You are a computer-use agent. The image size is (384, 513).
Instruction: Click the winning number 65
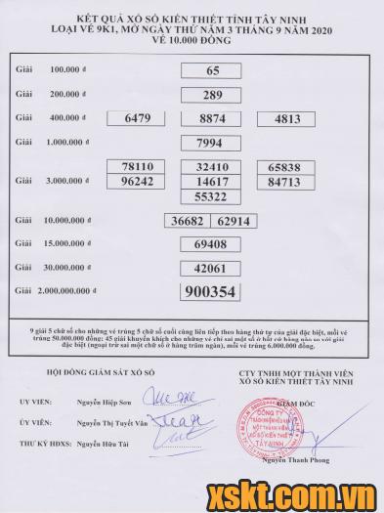[x=212, y=71]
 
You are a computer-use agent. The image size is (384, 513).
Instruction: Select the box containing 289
[x=212, y=96]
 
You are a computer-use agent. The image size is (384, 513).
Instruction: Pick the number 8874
[x=212, y=119]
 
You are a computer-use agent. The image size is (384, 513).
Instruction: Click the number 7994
[x=212, y=143]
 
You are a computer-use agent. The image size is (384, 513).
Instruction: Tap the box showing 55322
[x=212, y=196]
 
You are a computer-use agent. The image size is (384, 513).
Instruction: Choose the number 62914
[x=235, y=221]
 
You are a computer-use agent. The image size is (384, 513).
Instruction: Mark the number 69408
[x=212, y=244]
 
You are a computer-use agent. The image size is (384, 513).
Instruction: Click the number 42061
[x=212, y=268]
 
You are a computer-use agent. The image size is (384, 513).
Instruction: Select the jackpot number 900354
[x=212, y=292]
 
